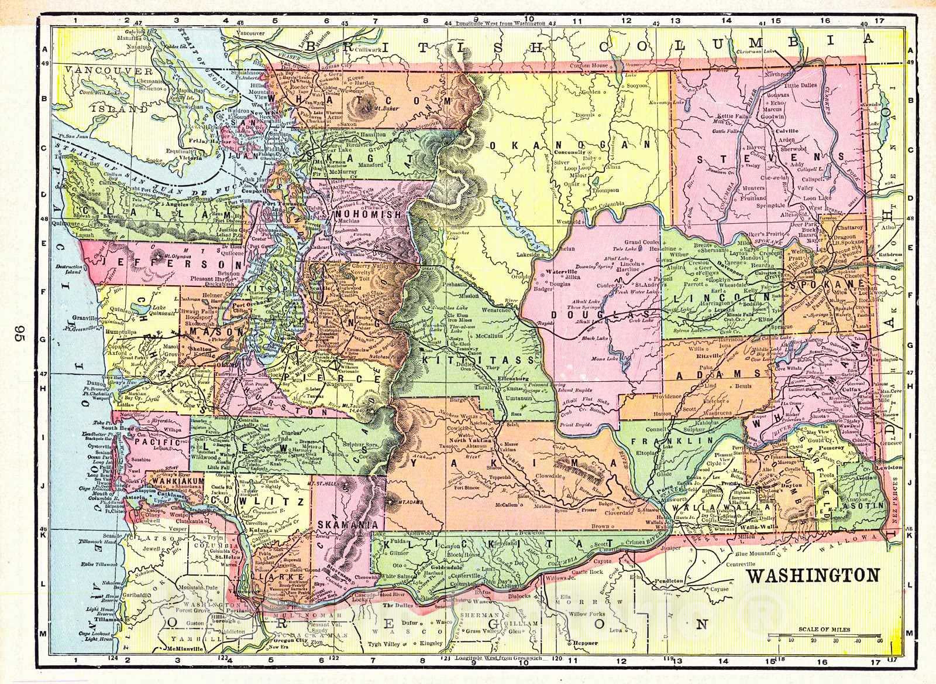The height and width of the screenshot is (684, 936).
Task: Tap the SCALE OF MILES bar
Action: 825,636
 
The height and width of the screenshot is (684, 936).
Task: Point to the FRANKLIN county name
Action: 686,440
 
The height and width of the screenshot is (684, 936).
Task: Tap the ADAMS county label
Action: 728,374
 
